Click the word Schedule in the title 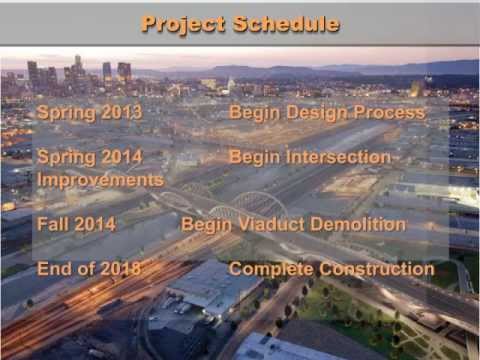point(287,23)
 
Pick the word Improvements point(100,180)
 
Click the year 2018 point(121,268)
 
